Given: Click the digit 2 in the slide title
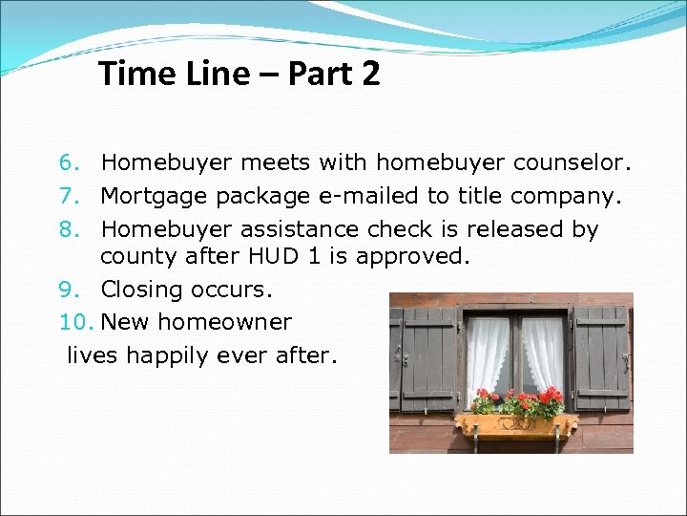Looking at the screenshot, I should (x=370, y=74).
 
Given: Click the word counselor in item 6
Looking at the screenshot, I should (x=572, y=164).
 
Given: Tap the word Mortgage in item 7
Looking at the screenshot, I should (x=155, y=197).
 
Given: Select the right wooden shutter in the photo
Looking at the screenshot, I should (x=601, y=358).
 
